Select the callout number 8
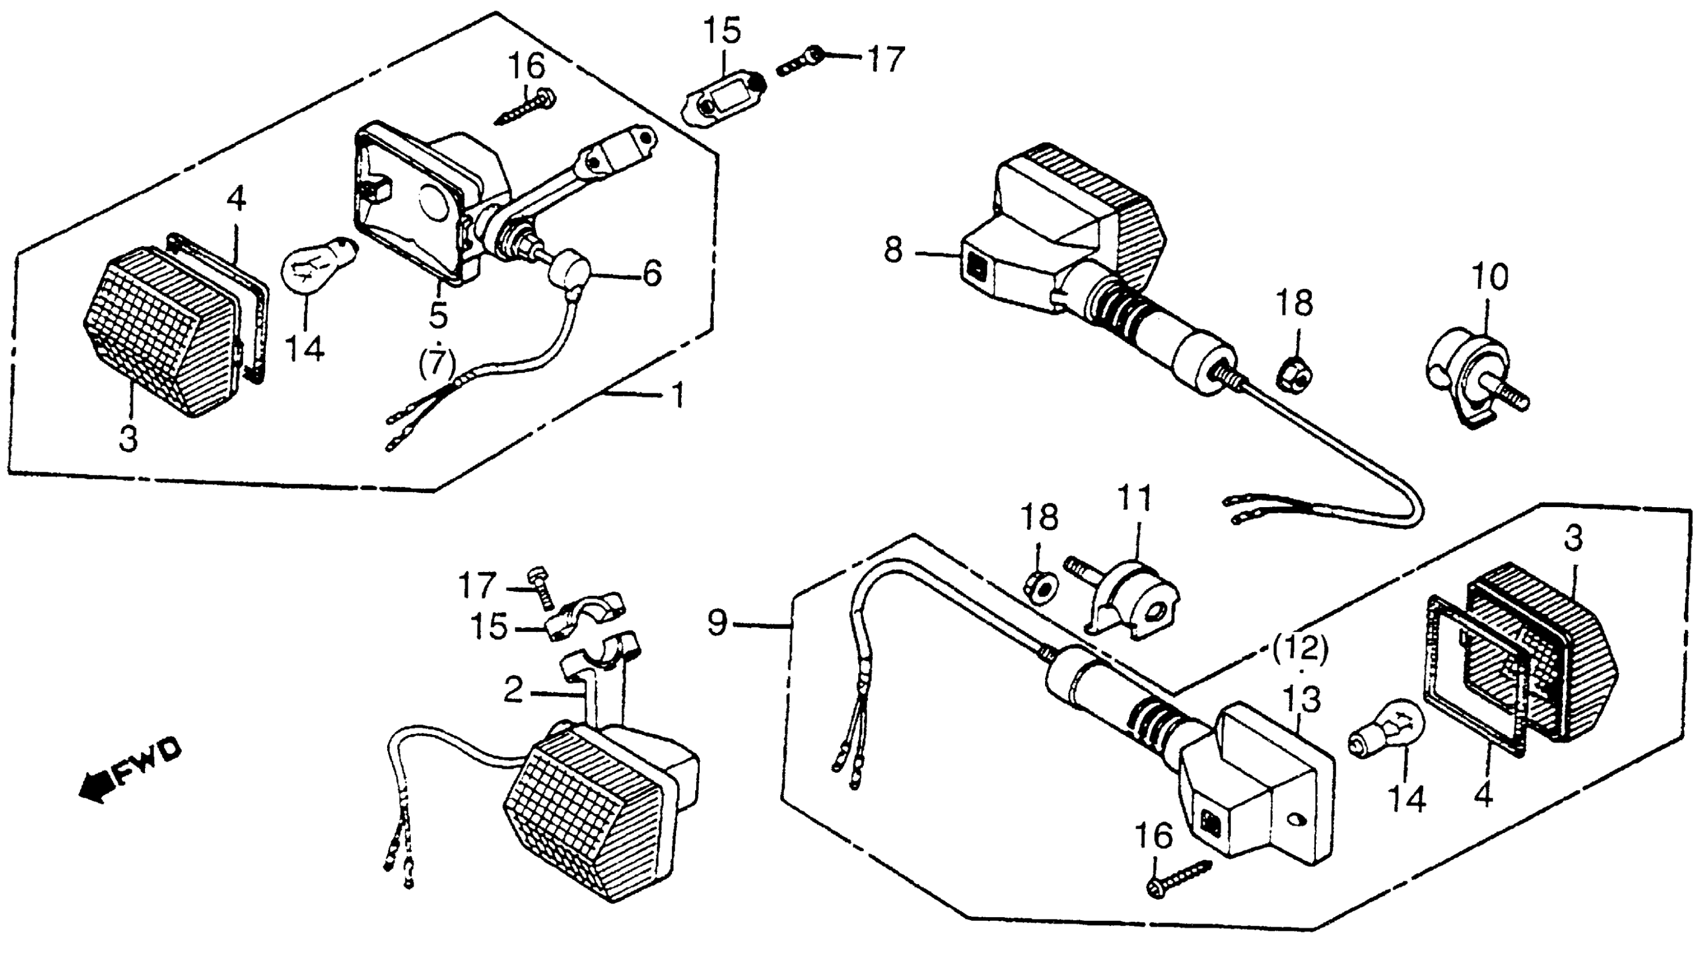893,251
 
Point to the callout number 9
717,623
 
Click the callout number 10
1490,277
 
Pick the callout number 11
1134,499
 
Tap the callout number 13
1302,700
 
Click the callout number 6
652,273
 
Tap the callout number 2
513,690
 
